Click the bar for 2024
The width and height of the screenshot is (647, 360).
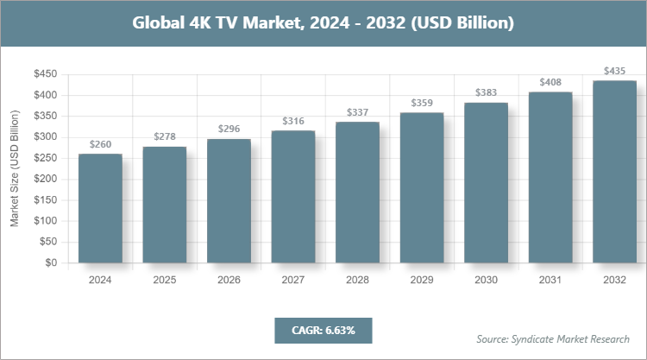pos(100,209)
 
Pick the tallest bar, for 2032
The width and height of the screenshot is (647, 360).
pos(614,172)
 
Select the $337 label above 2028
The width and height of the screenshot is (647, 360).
pos(357,112)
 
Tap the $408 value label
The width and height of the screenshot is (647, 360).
pos(550,83)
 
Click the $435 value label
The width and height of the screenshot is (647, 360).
pos(614,71)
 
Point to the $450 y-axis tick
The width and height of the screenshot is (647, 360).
pos(46,74)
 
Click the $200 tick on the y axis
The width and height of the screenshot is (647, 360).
pos(46,179)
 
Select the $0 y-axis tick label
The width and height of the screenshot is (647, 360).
pos(51,262)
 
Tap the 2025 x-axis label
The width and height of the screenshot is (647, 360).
pos(165,280)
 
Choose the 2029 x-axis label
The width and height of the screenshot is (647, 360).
pos(422,280)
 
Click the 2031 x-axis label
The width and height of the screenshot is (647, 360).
pos(550,280)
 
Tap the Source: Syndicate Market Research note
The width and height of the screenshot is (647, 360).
pos(552,338)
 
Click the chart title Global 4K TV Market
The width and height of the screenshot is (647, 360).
pos(323,23)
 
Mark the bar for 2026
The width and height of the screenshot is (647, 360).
pos(229,201)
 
